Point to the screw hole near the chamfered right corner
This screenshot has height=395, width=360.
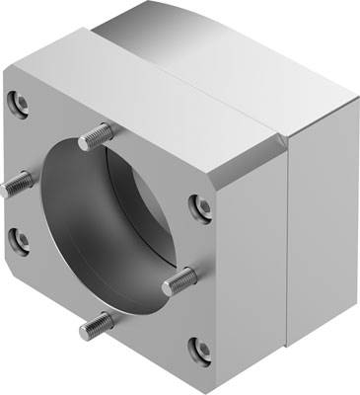[200, 205]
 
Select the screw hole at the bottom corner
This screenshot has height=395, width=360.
[200, 348]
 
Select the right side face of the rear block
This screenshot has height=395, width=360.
[321, 237]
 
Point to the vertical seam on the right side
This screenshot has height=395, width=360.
[286, 247]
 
